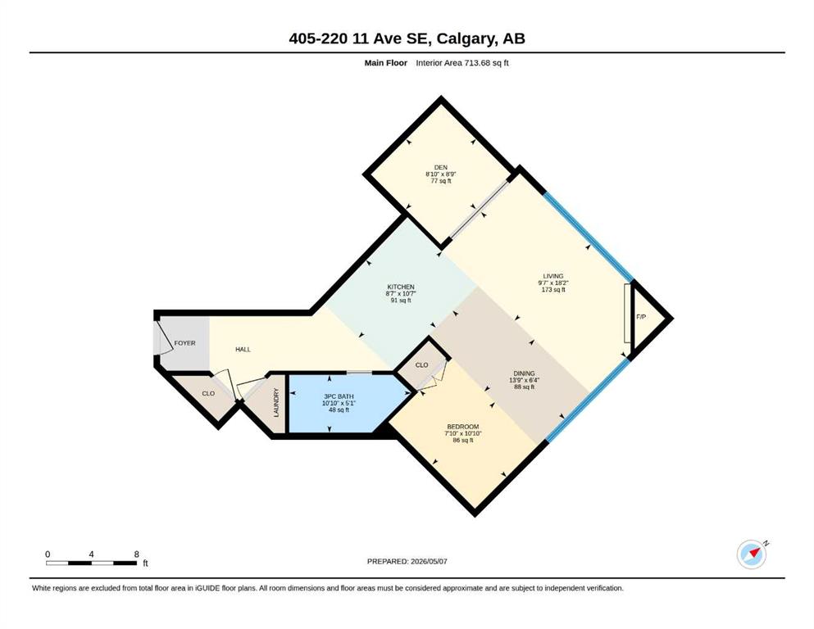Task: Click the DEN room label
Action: (441, 168)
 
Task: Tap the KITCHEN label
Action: (401, 287)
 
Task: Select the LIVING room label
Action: (553, 276)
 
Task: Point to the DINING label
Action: (525, 373)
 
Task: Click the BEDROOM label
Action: (463, 427)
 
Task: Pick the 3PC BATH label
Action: (338, 396)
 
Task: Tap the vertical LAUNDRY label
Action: (276, 402)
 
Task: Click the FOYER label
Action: (184, 343)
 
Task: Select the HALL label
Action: (243, 350)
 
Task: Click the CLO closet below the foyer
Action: (208, 394)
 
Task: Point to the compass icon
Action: (752, 554)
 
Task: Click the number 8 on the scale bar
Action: (137, 554)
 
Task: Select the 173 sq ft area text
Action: (553, 290)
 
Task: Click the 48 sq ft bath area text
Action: (339, 410)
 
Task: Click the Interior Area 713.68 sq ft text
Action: (462, 63)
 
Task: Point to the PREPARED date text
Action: (407, 561)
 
